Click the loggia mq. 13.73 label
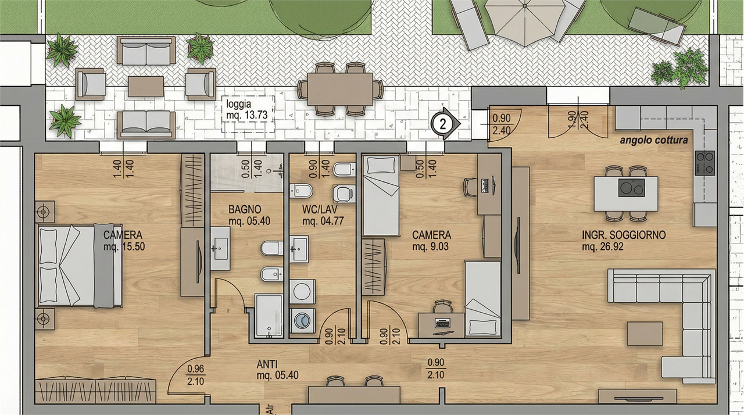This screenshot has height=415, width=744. pos(247,109)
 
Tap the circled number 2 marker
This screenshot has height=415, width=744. pos(443,124)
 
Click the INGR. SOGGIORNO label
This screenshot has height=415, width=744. pos(624,235)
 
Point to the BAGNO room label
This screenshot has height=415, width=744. pos(245,209)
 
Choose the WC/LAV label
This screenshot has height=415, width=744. pos(320,209)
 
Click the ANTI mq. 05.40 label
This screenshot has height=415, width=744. pos(277,370)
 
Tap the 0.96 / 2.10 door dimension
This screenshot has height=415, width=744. pos(196,375)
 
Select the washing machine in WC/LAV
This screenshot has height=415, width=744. pos(302,321)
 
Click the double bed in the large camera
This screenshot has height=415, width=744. pos(80,265)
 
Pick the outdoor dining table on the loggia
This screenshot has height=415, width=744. pos(340,89)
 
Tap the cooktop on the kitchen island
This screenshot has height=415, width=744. pos(631,188)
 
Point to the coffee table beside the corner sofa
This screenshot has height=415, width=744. pos(645,334)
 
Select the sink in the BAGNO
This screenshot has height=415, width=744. pos(220,249)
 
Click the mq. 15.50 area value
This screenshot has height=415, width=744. pos(124,246)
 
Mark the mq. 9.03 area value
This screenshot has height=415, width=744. pos(431,246)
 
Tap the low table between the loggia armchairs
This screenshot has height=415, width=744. pos(146,87)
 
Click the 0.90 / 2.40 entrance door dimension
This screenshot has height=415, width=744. pos(501,124)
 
